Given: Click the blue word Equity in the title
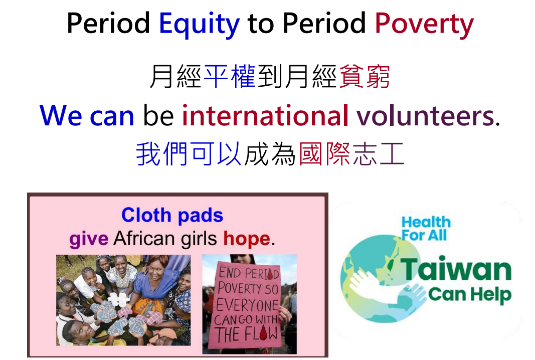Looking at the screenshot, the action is tap(199, 25).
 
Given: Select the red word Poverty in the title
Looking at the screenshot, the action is tap(424, 25).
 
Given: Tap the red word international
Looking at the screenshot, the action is tap(265, 115).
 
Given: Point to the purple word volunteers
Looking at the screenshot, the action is tap(428, 115).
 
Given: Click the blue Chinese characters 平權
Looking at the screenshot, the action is tap(230, 76).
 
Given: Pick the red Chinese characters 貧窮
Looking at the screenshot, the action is tap(365, 76).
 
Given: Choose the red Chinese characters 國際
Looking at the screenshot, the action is tap(324, 154).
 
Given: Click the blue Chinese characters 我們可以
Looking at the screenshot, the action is tap(189, 154).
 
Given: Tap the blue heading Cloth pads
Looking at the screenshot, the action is tap(172, 215).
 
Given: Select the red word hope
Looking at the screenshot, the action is tap(247, 239).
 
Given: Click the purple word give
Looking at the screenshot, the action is tap(89, 239).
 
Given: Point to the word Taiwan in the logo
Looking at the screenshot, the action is tap(456, 269).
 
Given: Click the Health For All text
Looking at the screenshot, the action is tap(426, 228).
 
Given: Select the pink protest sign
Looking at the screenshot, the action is tap(246, 305).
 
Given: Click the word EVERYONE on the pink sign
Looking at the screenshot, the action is tap(247, 305).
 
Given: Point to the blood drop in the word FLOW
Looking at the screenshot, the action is tap(263, 333).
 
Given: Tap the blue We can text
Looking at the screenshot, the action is tap(87, 115).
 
